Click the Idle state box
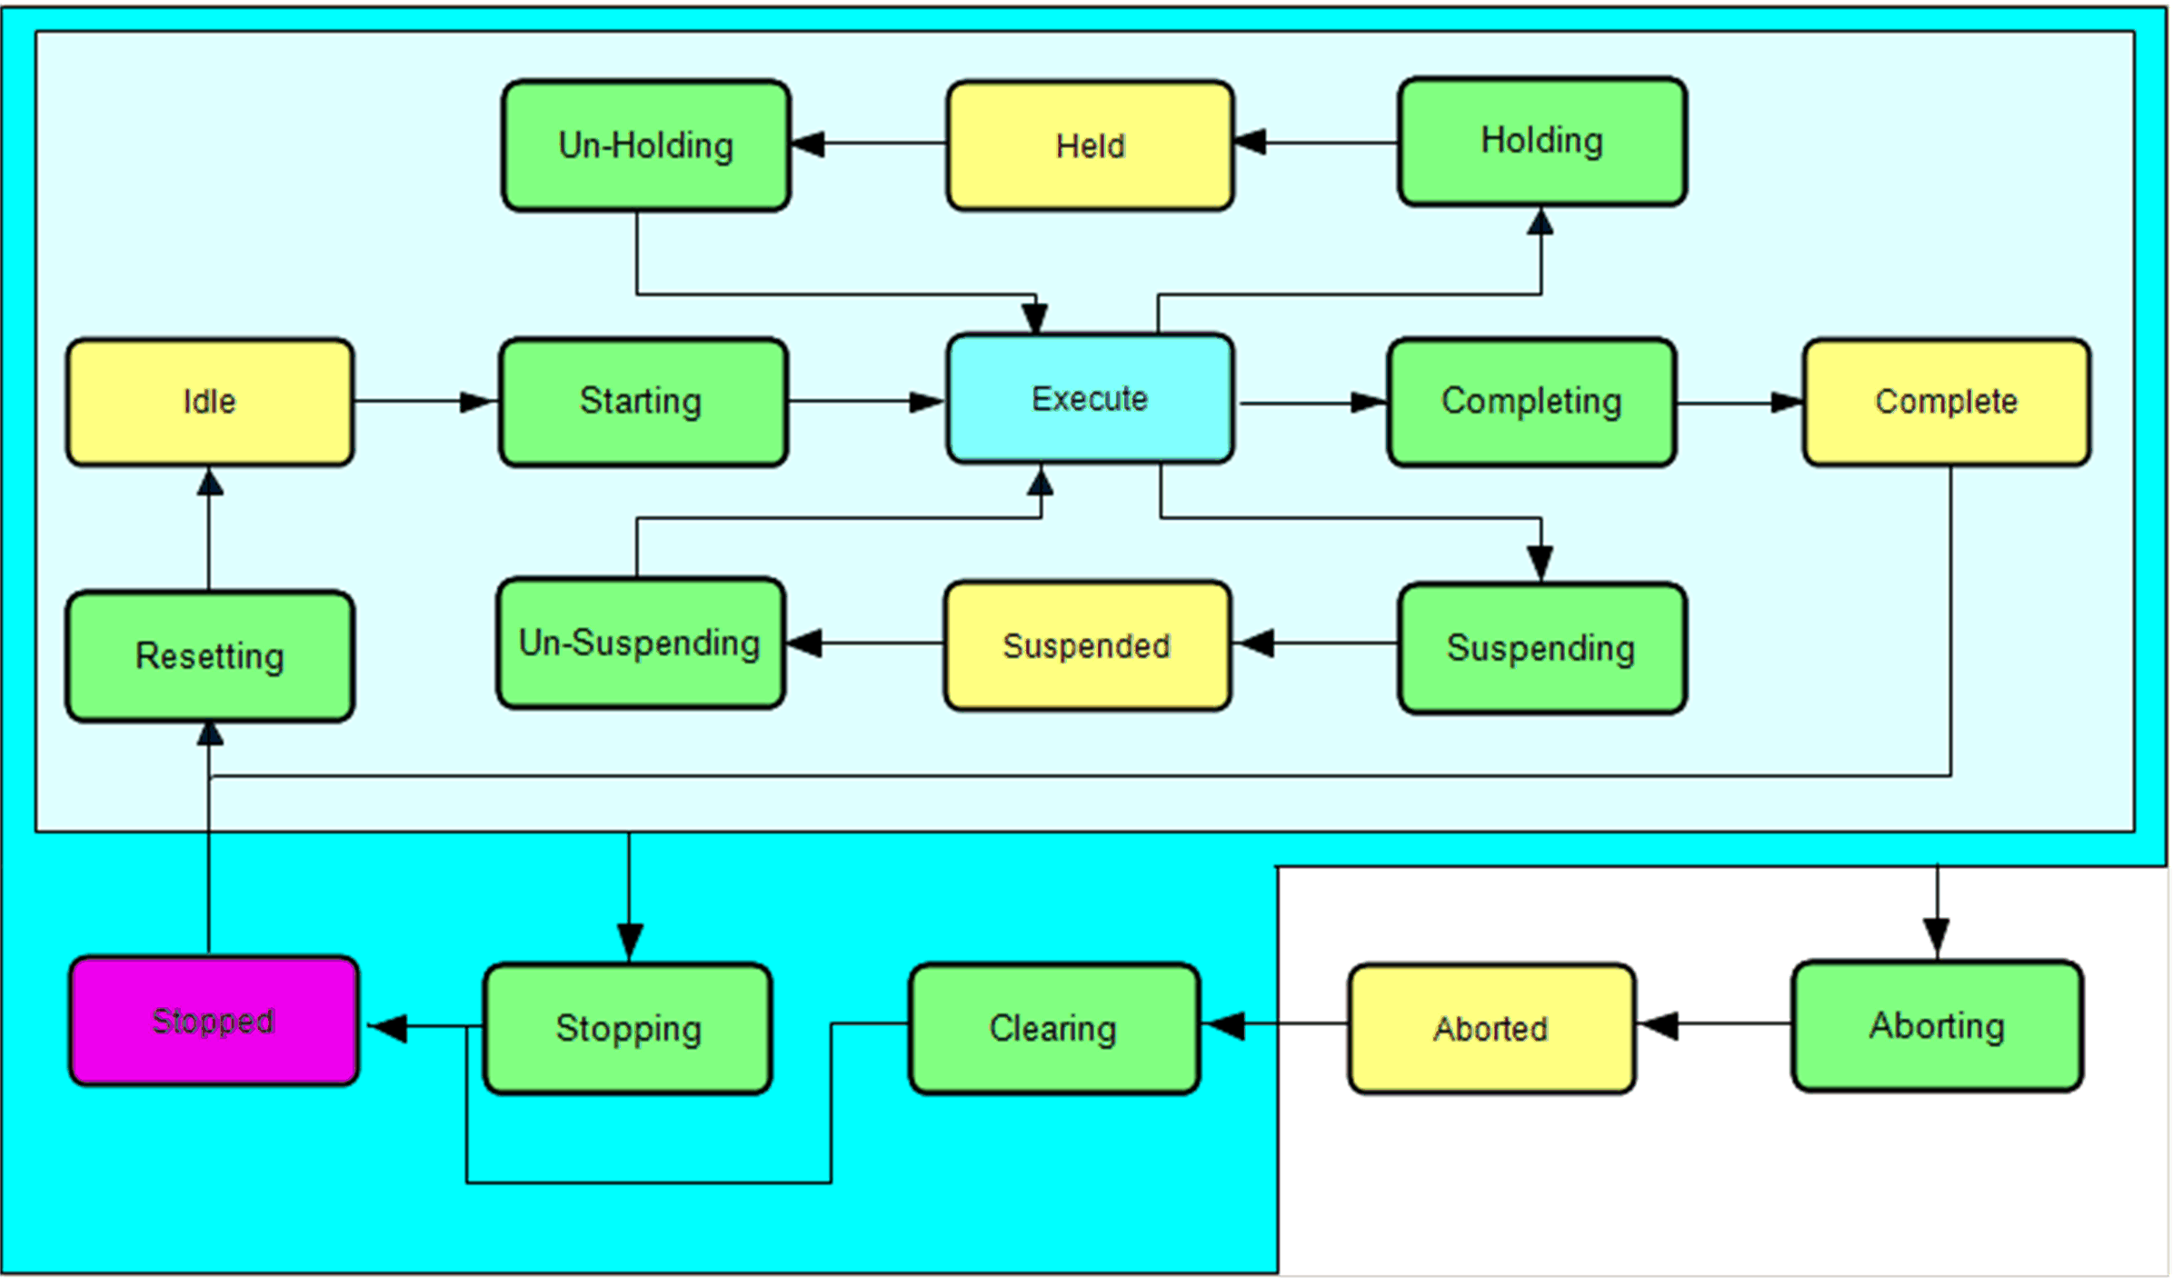pos(210,402)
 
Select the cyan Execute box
pos(1090,399)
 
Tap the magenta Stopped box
pos(214,1021)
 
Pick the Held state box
pos(1090,145)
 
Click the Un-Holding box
pos(646,145)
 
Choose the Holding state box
pos(1542,141)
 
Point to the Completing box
pos(1531,402)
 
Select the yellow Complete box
pos(1947,402)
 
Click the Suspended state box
pos(1087,646)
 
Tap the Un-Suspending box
pos(641,644)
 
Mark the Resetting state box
pos(210,656)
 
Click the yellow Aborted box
pos(1491,1028)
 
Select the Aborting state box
pos(1937,1025)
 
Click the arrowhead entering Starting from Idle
pos(478,402)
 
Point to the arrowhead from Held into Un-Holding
pos(808,144)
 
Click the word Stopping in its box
pos(628,1029)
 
